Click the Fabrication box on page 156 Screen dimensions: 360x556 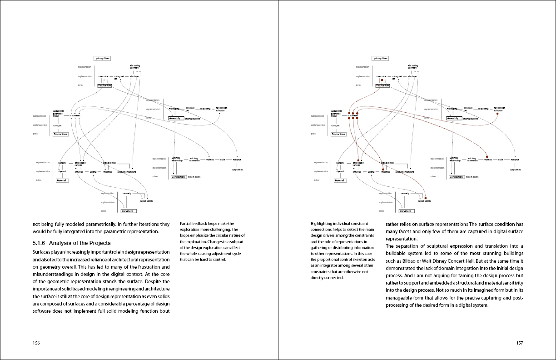[x=104, y=85]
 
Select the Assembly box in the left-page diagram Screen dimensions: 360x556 [x=175, y=118]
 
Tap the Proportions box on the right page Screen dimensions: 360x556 [x=338, y=134]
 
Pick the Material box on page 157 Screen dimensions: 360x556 [x=340, y=180]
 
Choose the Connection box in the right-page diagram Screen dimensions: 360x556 [x=457, y=177]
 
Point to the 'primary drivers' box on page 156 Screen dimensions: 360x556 [x=102, y=58]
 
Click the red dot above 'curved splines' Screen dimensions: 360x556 [x=426, y=198]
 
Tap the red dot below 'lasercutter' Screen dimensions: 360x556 [x=382, y=80]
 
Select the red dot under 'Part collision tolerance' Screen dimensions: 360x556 [x=498, y=114]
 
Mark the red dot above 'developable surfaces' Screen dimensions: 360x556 [x=358, y=160]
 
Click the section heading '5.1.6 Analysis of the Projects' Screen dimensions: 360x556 [x=72, y=243]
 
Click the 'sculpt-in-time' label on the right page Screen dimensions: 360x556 [x=515, y=170]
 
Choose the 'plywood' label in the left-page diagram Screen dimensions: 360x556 [x=62, y=171]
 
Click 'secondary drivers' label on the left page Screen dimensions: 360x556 [x=193, y=119]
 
